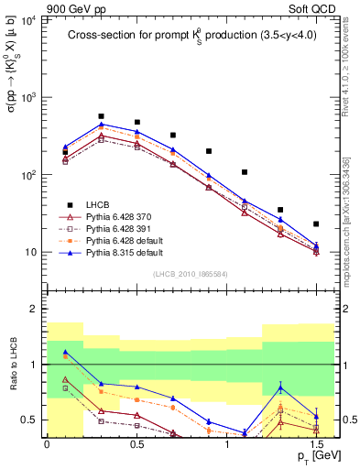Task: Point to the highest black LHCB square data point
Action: point(101,116)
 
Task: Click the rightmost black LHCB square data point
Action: point(316,224)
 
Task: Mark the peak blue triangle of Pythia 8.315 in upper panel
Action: point(101,124)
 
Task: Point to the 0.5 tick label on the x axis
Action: point(136,442)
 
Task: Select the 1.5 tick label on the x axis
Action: point(316,442)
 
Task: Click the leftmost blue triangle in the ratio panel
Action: point(65,352)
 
